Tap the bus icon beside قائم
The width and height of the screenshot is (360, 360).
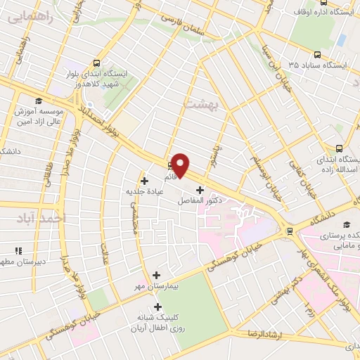tap(170, 166)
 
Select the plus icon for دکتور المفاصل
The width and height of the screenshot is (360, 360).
tap(200, 190)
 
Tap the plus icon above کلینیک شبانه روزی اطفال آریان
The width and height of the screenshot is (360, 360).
tap(157, 307)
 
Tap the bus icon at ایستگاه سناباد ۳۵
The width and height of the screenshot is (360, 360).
tap(318, 55)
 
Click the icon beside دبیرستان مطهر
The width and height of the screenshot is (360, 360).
tap(19, 250)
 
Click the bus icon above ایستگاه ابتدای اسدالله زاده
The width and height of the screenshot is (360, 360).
tap(340, 148)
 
